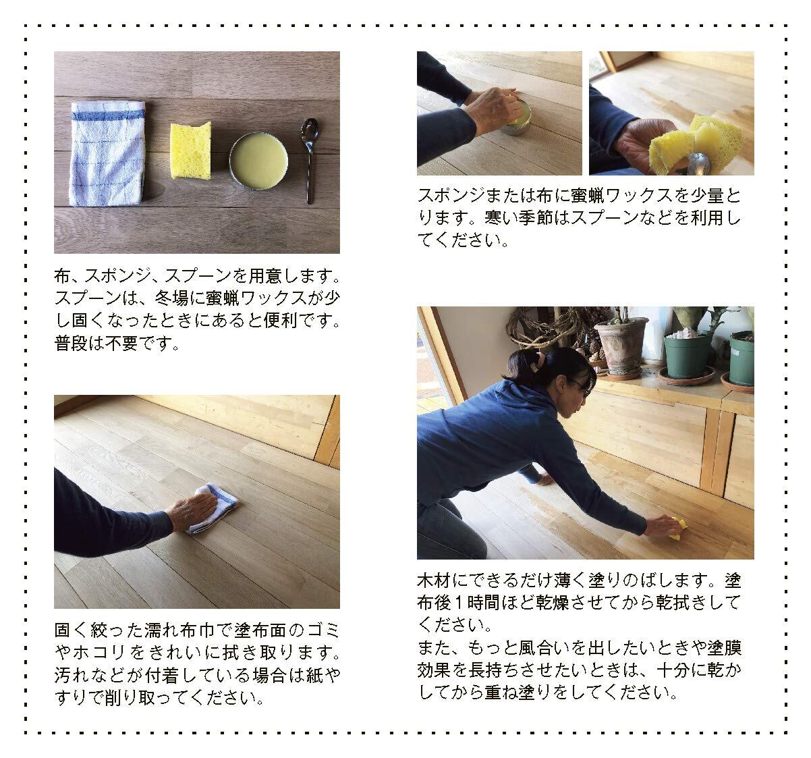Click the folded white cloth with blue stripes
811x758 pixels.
click(x=108, y=153)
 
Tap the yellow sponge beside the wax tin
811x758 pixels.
click(x=191, y=151)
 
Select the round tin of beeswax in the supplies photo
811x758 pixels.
click(x=259, y=161)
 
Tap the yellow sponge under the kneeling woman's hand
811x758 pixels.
click(x=676, y=529)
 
